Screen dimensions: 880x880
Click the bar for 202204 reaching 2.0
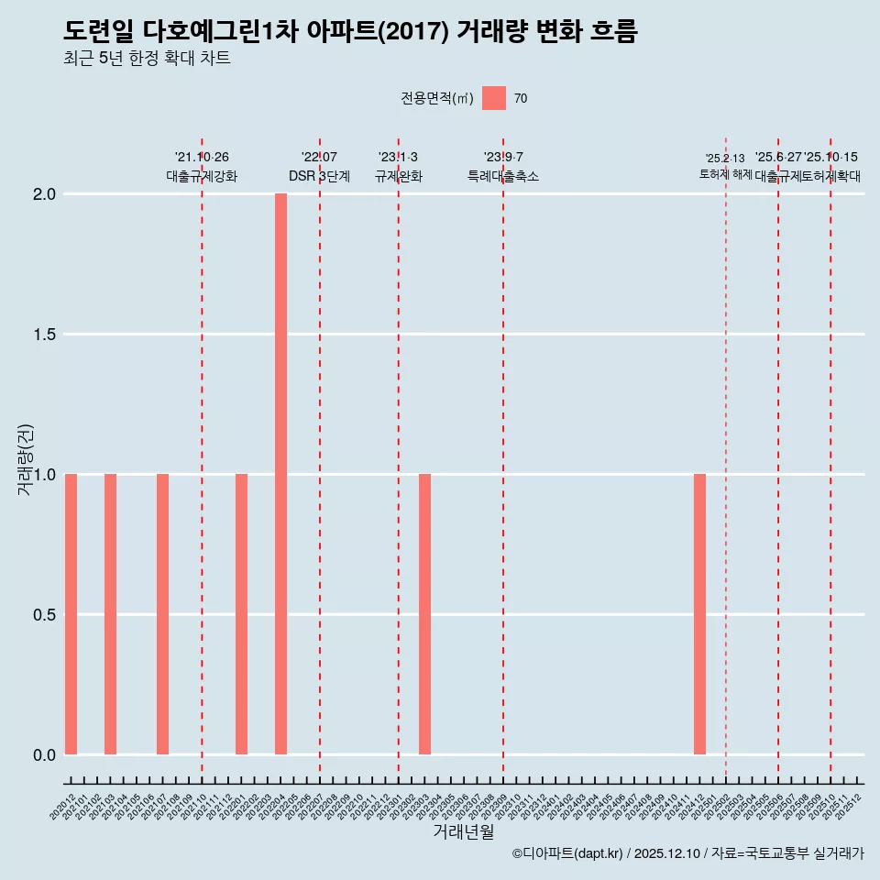[x=280, y=474]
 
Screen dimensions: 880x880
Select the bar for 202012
[x=71, y=614]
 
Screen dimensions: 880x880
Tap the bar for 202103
[x=110, y=614]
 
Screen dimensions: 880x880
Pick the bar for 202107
[x=162, y=614]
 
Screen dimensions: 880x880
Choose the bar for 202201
[x=241, y=614]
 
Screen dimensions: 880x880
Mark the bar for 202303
[x=424, y=614]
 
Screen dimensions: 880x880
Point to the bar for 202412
[x=699, y=614]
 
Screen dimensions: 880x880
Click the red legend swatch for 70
[x=494, y=98]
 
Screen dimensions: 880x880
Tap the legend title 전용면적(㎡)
[x=437, y=99]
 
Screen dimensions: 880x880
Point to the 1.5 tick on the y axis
[x=45, y=335]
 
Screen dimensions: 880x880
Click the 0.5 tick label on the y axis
[x=45, y=614]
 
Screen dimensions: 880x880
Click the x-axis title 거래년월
[x=464, y=832]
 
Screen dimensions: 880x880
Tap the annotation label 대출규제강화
[x=202, y=176]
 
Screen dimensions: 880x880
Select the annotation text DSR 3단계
[x=319, y=176]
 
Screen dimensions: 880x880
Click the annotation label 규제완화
[x=398, y=176]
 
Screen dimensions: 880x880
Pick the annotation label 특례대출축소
[x=502, y=176]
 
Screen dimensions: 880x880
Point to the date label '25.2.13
[x=725, y=159]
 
